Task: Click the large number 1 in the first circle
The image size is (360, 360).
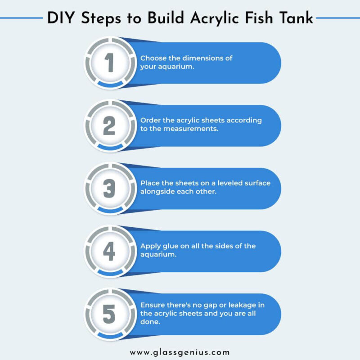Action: (109, 63)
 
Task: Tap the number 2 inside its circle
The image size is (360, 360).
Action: (109, 126)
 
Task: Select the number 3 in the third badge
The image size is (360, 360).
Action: (109, 189)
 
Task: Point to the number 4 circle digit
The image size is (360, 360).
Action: (109, 252)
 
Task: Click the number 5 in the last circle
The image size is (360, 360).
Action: (109, 314)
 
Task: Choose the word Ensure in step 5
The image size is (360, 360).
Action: (153, 305)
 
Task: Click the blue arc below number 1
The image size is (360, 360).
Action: (110, 84)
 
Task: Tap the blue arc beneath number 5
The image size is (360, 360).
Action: (110, 335)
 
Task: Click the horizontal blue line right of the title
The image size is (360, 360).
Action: (337, 18)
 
